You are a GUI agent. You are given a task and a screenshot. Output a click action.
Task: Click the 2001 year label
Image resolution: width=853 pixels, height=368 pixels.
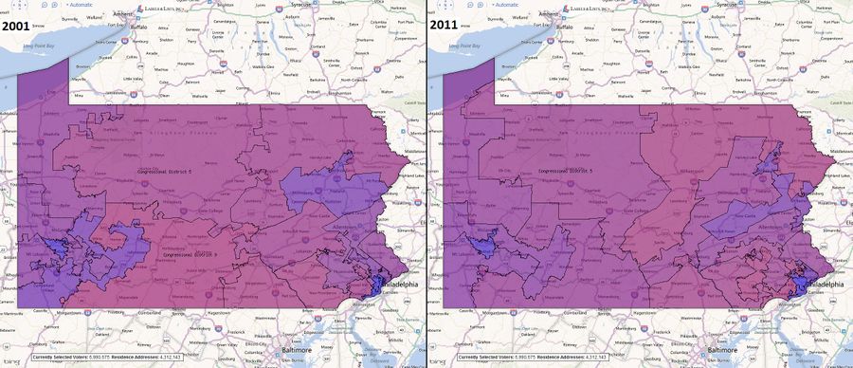point(21,27)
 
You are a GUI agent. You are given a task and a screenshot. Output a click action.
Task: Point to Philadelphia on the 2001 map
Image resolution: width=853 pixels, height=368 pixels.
point(397,284)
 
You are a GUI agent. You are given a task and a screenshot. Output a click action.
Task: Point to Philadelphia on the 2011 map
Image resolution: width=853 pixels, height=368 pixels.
point(823,284)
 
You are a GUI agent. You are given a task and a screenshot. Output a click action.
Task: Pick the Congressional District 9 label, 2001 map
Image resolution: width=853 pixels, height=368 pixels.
point(191,254)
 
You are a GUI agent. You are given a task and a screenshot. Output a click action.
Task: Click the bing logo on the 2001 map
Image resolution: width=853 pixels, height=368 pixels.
point(11,361)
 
